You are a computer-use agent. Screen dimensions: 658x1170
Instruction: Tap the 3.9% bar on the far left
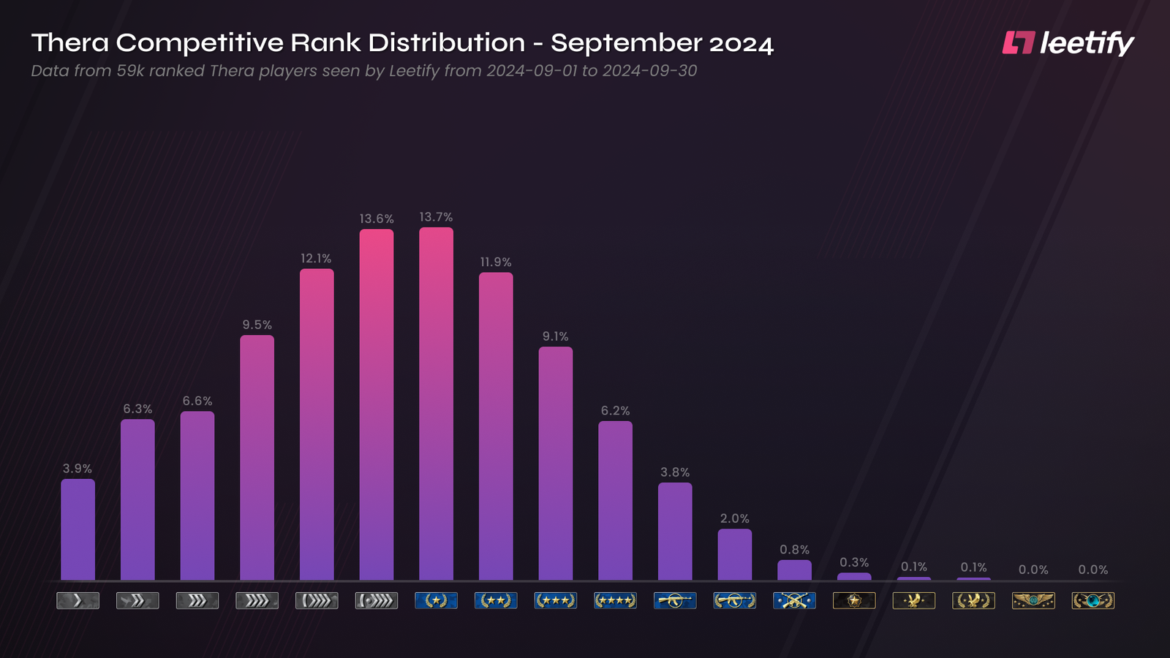click(x=78, y=529)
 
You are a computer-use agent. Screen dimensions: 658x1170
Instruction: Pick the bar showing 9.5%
click(x=257, y=458)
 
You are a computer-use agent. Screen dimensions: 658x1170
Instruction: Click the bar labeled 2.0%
click(x=734, y=554)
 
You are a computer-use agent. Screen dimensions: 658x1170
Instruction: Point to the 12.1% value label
click(x=316, y=259)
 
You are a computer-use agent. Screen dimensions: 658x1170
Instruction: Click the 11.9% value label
click(x=496, y=262)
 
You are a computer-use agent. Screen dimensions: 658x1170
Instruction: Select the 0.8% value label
click(x=794, y=550)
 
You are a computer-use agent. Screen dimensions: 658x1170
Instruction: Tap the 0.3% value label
click(x=854, y=562)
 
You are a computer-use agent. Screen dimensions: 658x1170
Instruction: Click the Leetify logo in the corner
click(x=1068, y=43)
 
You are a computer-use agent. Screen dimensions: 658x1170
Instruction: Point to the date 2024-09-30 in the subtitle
click(x=649, y=71)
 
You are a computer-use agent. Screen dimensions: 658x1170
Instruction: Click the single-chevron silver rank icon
click(x=78, y=601)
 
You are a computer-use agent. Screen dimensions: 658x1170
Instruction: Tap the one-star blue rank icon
click(x=436, y=601)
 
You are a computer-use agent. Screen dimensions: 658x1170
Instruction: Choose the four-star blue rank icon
click(x=615, y=601)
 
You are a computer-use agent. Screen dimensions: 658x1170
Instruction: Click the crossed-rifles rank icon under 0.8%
click(x=794, y=601)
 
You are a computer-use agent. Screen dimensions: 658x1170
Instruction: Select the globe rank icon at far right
click(x=1092, y=601)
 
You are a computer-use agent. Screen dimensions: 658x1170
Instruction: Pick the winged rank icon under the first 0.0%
click(x=1033, y=601)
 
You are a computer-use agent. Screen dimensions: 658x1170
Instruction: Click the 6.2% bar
click(x=615, y=501)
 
